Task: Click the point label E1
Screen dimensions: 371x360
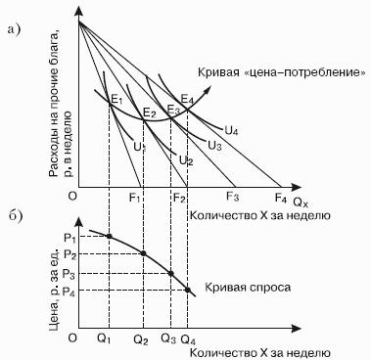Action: (116, 99)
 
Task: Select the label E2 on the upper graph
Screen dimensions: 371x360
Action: (150, 113)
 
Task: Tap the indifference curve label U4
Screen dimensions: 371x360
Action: (231, 130)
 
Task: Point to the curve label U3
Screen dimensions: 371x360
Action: (214, 145)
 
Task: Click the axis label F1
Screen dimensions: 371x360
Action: (134, 198)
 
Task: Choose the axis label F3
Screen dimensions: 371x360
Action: (233, 197)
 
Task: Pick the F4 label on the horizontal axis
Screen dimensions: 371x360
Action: (281, 198)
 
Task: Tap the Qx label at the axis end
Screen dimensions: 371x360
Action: (301, 202)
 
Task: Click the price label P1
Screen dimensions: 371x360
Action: (70, 239)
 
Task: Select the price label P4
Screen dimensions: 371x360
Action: (70, 292)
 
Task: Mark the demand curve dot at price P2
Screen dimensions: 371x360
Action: (143, 253)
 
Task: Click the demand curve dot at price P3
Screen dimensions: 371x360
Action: (170, 273)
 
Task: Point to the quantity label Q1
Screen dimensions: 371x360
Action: (104, 339)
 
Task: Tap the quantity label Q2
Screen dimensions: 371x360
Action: (141, 340)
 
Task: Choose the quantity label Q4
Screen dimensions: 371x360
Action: (188, 340)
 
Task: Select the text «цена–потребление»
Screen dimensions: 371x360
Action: (304, 71)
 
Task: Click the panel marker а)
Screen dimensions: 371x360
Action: (14, 29)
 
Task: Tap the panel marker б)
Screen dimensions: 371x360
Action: (15, 216)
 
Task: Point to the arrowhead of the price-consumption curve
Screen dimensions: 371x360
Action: (208, 90)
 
